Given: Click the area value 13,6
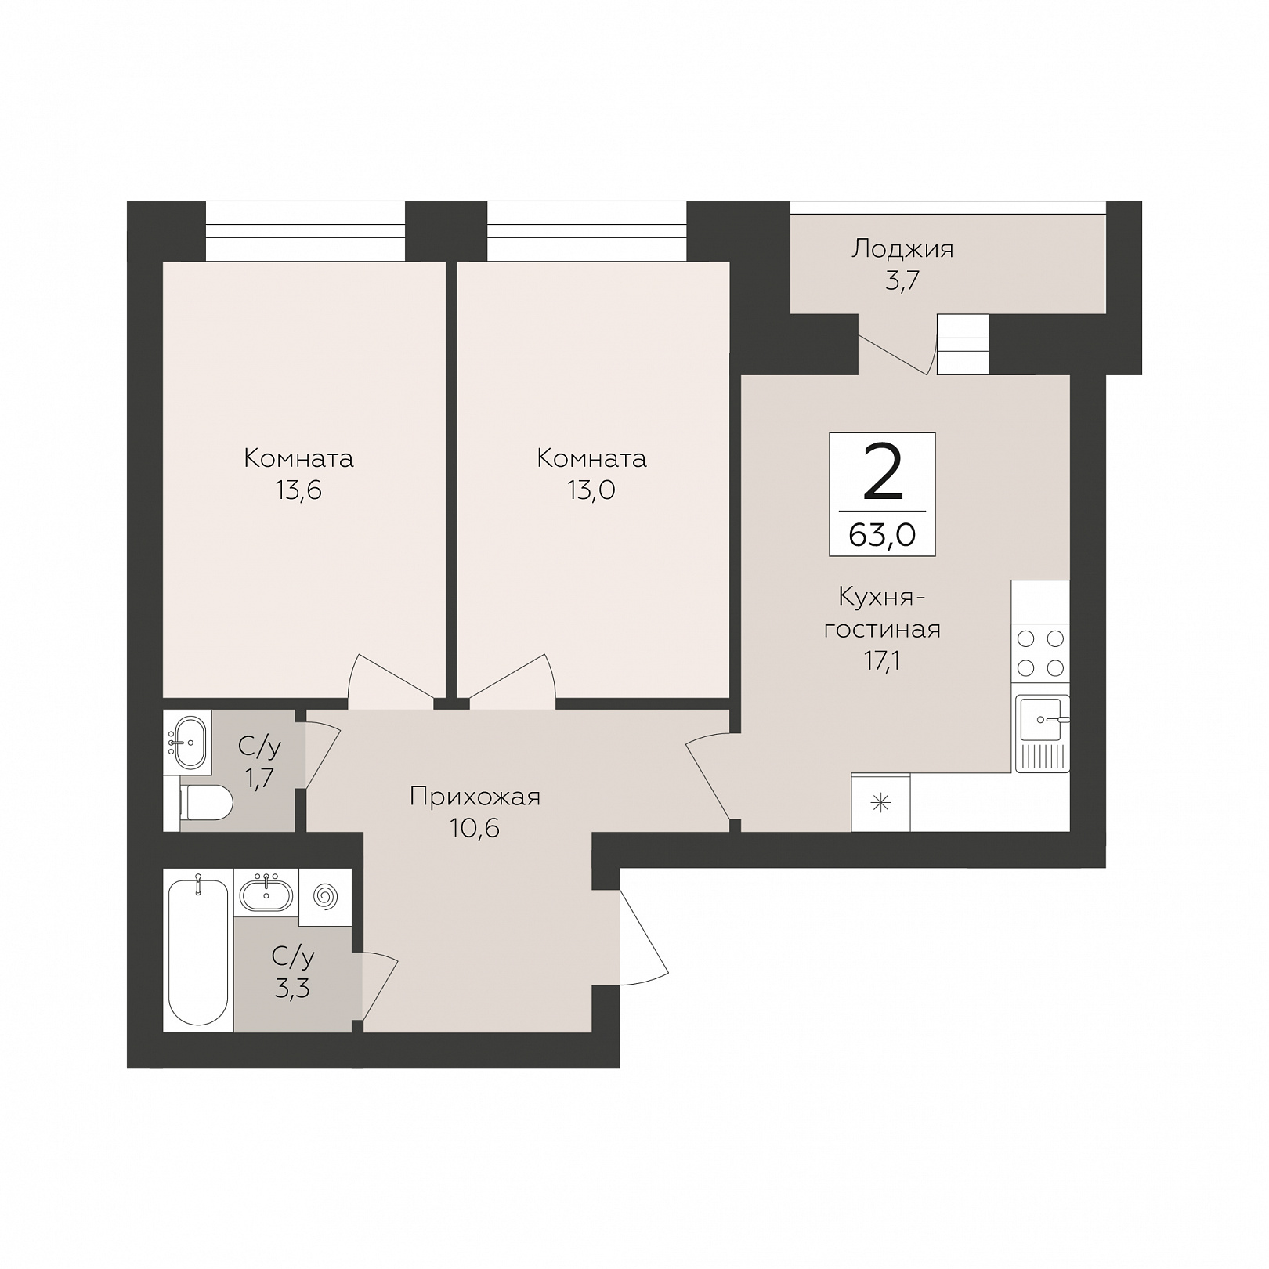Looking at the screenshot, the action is tap(298, 490).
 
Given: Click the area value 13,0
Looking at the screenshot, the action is tap(591, 490).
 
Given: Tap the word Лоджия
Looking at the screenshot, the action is tap(902, 250).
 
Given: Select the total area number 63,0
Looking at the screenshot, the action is tap(882, 537).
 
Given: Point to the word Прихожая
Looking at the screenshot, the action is tap(475, 797).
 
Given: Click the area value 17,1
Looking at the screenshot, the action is tap(882, 661).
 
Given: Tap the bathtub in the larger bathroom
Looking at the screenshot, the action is tap(198, 951).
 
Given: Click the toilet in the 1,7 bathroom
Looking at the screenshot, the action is tap(206, 803).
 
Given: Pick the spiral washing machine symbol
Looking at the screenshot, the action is tap(324, 893).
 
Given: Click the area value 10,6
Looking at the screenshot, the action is tap(475, 828).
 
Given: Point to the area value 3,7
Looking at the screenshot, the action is tap(902, 281).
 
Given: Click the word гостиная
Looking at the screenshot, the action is tap(882, 629).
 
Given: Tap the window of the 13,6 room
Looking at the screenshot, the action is tap(305, 231).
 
